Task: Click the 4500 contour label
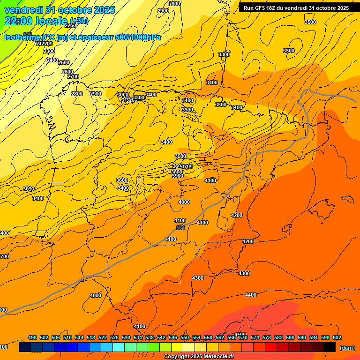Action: [240, 335]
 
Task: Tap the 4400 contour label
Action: [251, 295]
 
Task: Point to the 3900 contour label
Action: [177, 176]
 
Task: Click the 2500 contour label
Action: [64, 62]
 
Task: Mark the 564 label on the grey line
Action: [180, 228]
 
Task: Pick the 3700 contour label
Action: [187, 167]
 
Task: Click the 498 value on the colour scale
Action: [32, 337]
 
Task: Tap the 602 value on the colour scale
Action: [337, 337]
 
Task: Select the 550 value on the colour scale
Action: [185, 337]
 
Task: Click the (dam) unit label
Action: [347, 347]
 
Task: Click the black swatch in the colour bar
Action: [330, 347]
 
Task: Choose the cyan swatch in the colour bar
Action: [119, 347]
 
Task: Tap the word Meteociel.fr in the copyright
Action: [216, 357]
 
